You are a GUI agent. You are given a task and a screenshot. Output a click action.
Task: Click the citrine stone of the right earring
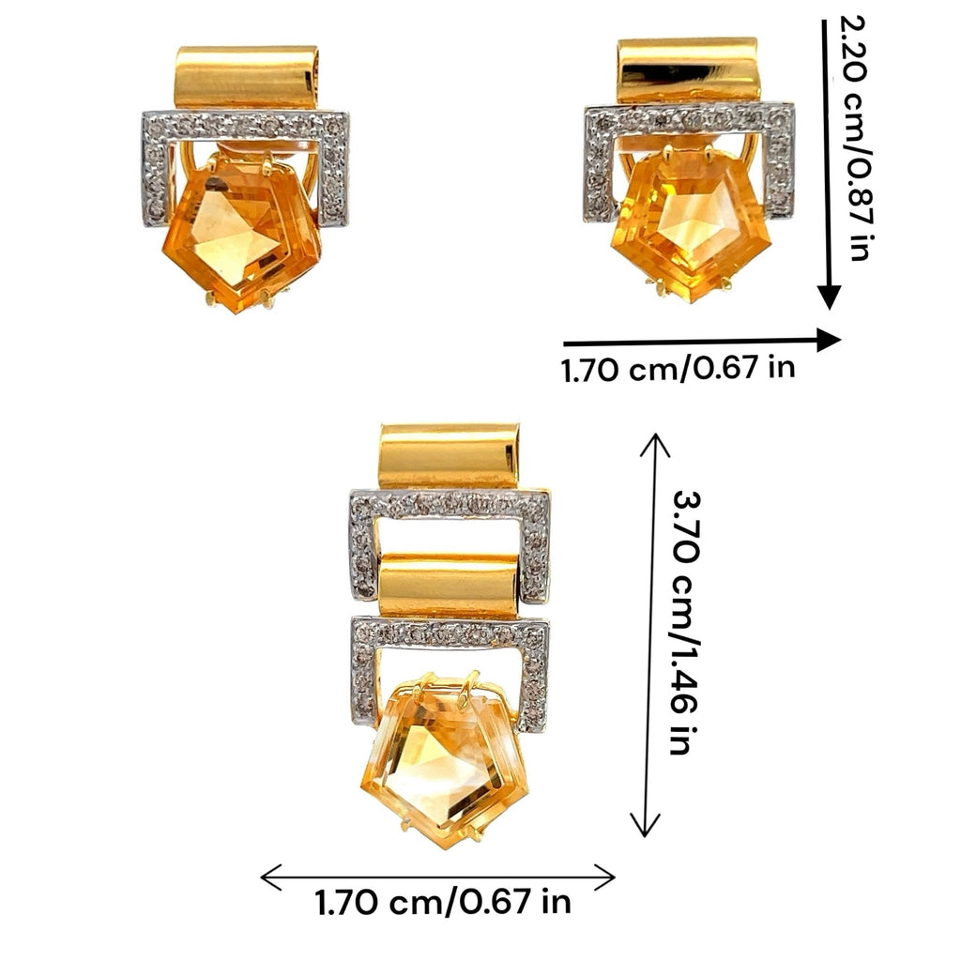[x=692, y=227]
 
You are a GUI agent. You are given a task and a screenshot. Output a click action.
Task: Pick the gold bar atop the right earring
[x=689, y=69]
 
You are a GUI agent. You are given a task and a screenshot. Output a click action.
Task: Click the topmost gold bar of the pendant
[x=450, y=456]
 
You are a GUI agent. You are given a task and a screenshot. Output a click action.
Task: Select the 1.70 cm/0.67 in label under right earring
[x=678, y=369]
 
